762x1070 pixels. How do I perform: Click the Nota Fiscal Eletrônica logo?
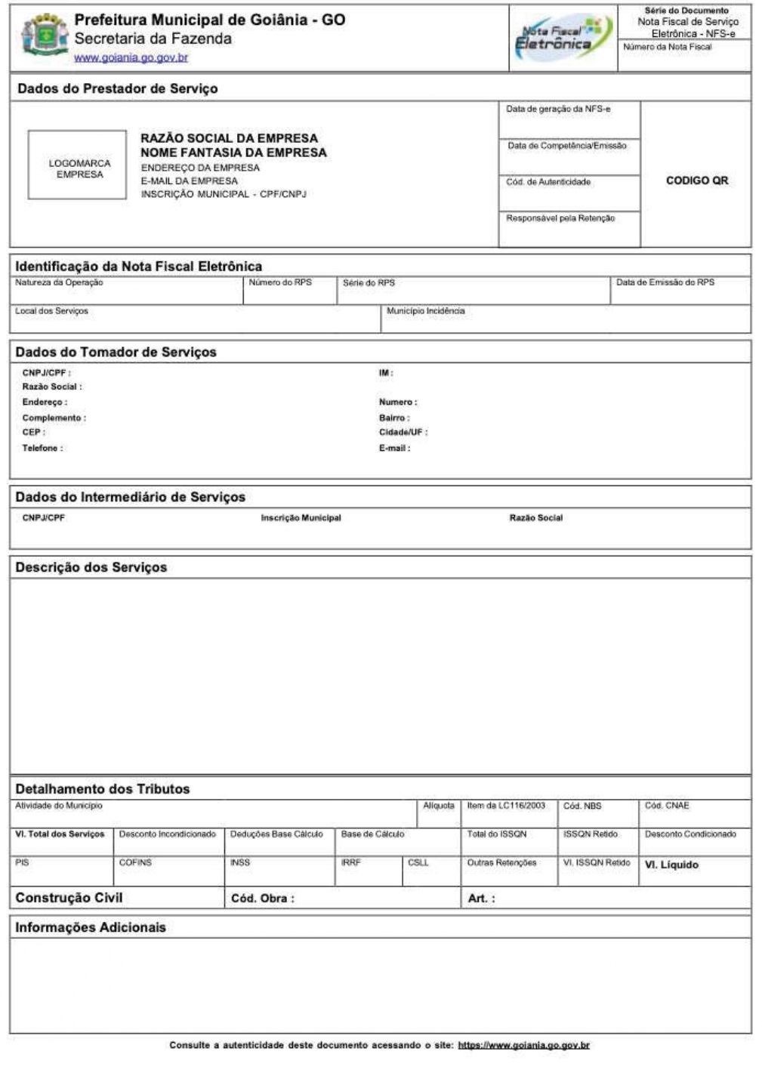click(x=562, y=38)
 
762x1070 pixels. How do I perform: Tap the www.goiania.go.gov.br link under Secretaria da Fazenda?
click(x=131, y=57)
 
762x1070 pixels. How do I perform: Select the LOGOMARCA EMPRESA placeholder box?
click(x=77, y=165)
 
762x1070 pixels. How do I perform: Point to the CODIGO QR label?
click(x=696, y=180)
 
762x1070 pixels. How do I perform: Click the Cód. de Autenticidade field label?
click(x=548, y=182)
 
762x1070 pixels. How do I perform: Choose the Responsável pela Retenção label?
click(x=560, y=218)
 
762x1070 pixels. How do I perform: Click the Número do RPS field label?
click(x=280, y=282)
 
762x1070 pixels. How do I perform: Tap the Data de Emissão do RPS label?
click(x=665, y=282)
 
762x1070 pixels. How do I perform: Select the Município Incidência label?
click(x=425, y=311)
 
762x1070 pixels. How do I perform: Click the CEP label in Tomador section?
click(x=33, y=433)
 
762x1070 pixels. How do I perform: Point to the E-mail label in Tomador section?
click(x=394, y=449)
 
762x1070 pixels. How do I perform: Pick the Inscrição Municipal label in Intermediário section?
click(x=301, y=518)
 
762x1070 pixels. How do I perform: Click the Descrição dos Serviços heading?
click(x=91, y=568)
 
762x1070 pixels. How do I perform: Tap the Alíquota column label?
click(x=438, y=806)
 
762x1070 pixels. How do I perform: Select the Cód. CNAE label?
click(x=666, y=806)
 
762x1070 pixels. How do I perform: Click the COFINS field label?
click(x=135, y=862)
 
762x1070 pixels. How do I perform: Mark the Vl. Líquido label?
click(x=671, y=865)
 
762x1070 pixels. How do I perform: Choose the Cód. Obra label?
click(x=262, y=899)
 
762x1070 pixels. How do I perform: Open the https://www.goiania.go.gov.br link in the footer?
click(x=523, y=1046)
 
